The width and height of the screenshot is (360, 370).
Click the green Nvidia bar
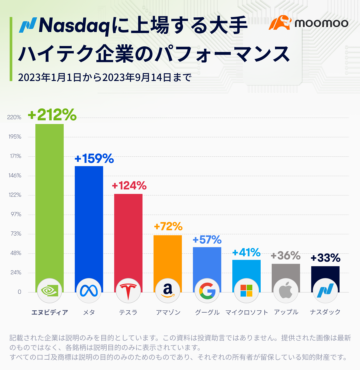[49, 200]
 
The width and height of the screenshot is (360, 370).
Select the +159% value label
[94, 159]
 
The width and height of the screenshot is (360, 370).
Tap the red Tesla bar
[128, 233]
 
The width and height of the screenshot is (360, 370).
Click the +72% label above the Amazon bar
[168, 227]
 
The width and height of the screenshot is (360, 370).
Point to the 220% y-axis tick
[14, 117]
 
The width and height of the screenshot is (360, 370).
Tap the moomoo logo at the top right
[308, 23]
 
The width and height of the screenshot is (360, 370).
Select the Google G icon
[207, 290]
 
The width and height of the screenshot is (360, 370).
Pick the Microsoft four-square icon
[246, 290]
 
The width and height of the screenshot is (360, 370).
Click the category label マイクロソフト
[247, 312]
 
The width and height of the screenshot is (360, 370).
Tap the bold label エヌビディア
[49, 312]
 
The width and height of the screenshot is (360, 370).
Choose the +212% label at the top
[52, 115]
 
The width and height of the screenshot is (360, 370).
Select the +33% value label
[325, 258]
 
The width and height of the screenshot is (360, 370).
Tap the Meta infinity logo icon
[89, 290]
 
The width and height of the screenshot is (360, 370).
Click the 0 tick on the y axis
[19, 292]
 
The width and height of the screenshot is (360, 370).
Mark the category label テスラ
[128, 312]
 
